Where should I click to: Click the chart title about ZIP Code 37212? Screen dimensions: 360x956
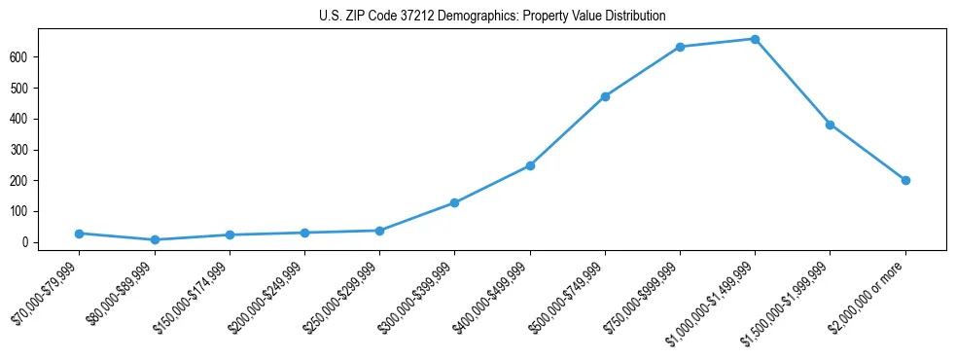coord(492,16)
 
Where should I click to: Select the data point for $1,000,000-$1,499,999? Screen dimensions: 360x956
coord(755,39)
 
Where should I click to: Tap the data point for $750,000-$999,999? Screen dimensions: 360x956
coord(680,47)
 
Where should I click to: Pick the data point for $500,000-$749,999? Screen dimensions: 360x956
coord(605,96)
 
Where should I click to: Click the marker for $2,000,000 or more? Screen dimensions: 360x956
coord(905,180)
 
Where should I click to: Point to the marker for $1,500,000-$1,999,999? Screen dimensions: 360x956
coord(830,125)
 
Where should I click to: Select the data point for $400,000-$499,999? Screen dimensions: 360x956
coord(530,165)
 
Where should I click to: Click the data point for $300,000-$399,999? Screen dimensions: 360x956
coord(454,202)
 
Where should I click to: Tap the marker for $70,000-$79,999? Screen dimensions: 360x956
coord(79,234)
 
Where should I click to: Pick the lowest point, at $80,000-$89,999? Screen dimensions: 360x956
coord(155,239)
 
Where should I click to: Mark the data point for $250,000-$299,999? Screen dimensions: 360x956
coord(379,231)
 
